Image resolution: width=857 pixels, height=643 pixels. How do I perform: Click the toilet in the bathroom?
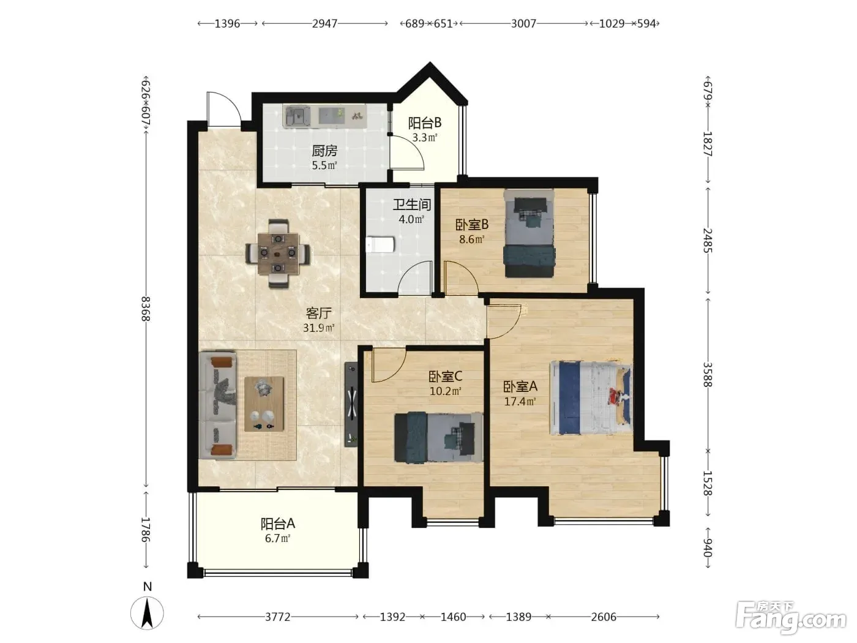381,244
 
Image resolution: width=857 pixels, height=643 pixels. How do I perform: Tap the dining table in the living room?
277,254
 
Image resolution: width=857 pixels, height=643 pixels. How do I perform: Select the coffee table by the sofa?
264,404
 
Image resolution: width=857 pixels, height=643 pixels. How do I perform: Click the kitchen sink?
297,116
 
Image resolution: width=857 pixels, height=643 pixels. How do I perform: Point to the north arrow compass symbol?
147,613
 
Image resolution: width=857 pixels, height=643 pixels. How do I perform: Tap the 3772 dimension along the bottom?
277,617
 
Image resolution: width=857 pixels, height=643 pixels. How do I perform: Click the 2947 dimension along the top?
324,23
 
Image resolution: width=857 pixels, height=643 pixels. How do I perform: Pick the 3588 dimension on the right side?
708,374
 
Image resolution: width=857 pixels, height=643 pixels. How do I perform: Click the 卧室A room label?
520,386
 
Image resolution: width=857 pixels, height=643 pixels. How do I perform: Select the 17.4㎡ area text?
520,401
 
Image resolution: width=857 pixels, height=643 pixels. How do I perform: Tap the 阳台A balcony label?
277,524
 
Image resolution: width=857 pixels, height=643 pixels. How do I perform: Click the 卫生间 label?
411,205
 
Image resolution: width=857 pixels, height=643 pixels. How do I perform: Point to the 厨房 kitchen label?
324,151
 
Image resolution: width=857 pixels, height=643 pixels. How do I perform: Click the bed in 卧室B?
529,233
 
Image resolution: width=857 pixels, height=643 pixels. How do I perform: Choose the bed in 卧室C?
438,437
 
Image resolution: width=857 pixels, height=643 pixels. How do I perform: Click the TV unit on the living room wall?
351,404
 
